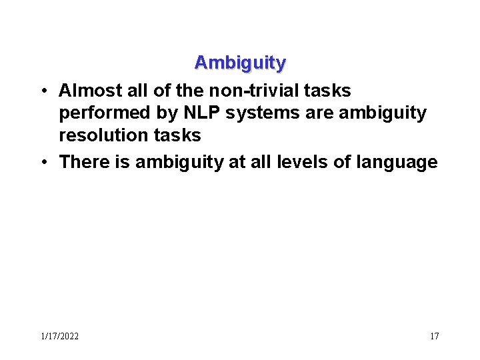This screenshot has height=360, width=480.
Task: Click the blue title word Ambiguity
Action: pyautogui.click(x=240, y=63)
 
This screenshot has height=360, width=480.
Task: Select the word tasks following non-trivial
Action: pyautogui.click(x=327, y=90)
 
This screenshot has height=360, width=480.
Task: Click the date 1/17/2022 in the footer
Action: pyautogui.click(x=59, y=336)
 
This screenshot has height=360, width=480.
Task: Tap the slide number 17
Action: pyautogui.click(x=434, y=336)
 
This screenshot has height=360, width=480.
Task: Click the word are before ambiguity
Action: pyautogui.click(x=320, y=113)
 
